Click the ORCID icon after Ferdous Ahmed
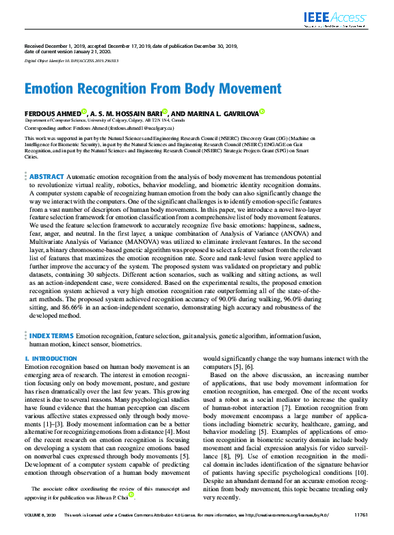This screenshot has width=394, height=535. coord(84,111)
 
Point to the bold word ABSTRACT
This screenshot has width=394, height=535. coord(46,176)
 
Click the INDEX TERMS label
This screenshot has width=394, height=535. coord(51,336)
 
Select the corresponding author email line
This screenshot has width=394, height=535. coord(99,128)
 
